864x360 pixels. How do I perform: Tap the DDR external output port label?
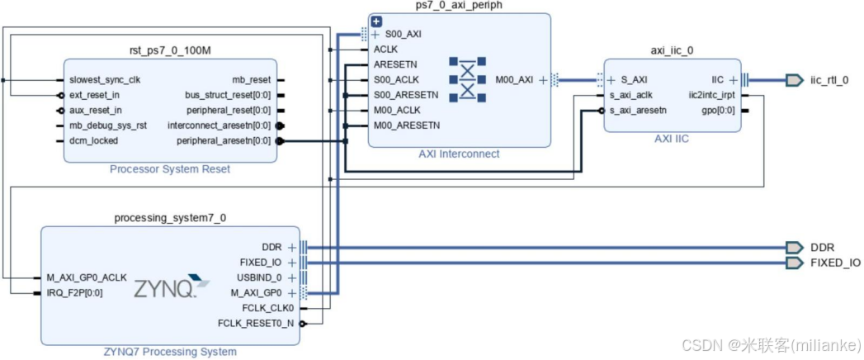(821, 248)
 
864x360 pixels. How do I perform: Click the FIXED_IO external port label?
(835, 263)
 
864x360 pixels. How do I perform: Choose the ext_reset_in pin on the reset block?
(96, 95)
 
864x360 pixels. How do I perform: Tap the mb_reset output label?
(251, 80)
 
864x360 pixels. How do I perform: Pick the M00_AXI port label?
(515, 80)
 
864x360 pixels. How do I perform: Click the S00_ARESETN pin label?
(406, 95)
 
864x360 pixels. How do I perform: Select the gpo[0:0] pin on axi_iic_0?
(718, 110)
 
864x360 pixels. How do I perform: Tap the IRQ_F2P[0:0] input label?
(75, 292)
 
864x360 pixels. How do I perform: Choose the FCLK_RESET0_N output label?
(255, 323)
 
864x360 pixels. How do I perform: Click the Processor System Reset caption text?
(169, 169)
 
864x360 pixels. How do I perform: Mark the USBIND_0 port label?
(260, 277)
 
